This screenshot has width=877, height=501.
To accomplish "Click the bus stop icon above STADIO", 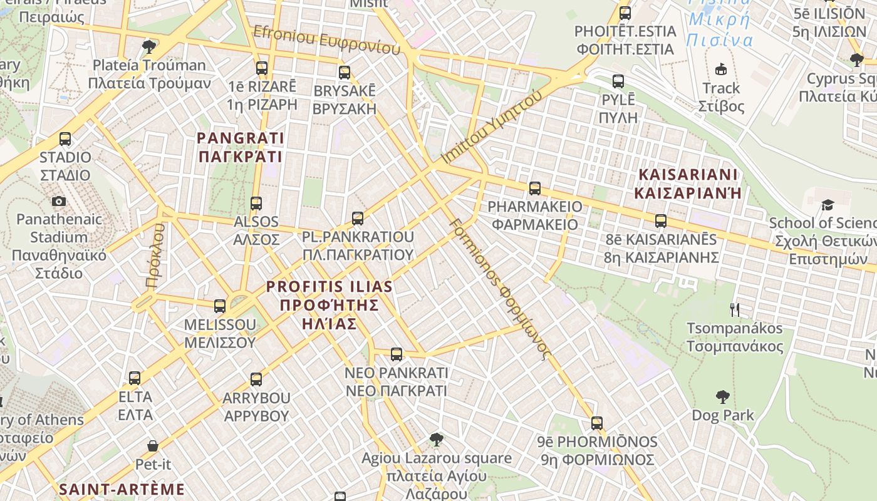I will pyautogui.click(x=65, y=139).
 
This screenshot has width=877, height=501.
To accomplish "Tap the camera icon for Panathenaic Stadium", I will pyautogui.click(x=59, y=201).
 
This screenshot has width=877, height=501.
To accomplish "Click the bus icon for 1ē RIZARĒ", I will pyautogui.click(x=262, y=68).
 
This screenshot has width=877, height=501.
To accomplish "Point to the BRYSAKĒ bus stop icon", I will pyautogui.click(x=344, y=73).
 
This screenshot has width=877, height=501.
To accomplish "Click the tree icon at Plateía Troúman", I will pyautogui.click(x=149, y=46).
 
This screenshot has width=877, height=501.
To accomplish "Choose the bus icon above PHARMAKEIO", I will pyautogui.click(x=535, y=188).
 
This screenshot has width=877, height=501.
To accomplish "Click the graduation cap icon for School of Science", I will pyautogui.click(x=828, y=205).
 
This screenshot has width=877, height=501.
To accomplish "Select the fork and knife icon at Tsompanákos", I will pyautogui.click(x=735, y=309).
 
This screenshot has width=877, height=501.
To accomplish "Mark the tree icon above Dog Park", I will pyautogui.click(x=722, y=396).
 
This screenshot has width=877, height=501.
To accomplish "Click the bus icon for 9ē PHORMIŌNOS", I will pyautogui.click(x=597, y=423).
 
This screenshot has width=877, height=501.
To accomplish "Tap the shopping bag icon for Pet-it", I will pyautogui.click(x=153, y=446).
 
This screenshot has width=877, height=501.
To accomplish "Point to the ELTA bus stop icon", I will pyautogui.click(x=135, y=378).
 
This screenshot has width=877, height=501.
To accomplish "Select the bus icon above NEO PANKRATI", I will pyautogui.click(x=397, y=354).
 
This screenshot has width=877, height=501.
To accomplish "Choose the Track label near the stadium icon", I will pyautogui.click(x=721, y=88).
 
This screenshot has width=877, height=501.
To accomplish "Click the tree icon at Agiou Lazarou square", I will pyautogui.click(x=436, y=440).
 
